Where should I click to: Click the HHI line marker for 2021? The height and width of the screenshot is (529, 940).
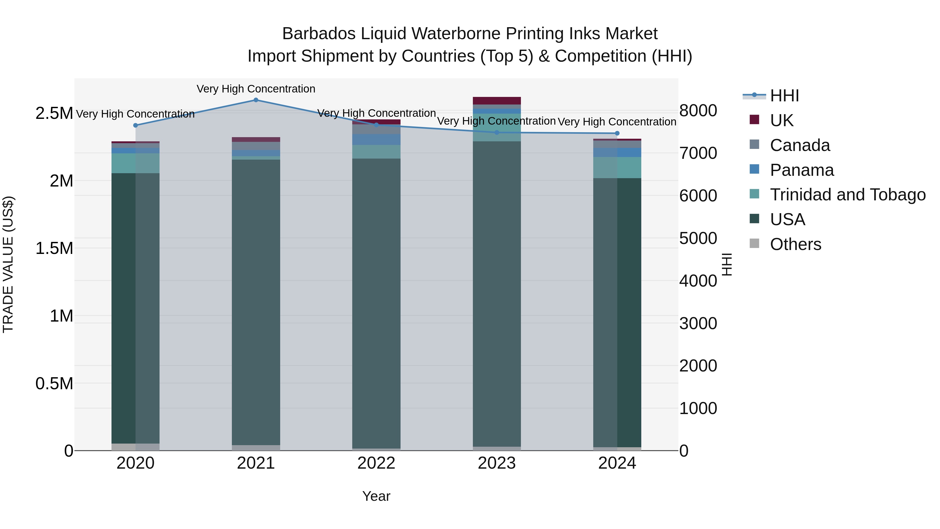pyautogui.click(x=256, y=100)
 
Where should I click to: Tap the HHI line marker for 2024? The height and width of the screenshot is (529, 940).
pyautogui.click(x=617, y=133)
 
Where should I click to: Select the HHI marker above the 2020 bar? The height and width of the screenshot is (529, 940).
pyautogui.click(x=135, y=125)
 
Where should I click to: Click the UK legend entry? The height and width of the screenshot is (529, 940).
pyautogui.click(x=781, y=120)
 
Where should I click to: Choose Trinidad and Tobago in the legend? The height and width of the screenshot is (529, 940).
pyautogui.click(x=847, y=195)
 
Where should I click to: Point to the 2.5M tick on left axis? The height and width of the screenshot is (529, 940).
pyautogui.click(x=54, y=114)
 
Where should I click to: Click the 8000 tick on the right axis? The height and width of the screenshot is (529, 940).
pyautogui.click(x=698, y=111)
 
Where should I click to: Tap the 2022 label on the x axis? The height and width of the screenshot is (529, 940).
pyautogui.click(x=376, y=463)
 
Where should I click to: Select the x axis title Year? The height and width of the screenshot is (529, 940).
pyautogui.click(x=376, y=496)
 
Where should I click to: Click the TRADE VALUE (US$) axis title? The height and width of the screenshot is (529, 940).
pyautogui.click(x=8, y=264)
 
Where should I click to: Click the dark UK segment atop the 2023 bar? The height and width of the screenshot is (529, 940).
pyautogui.click(x=497, y=101)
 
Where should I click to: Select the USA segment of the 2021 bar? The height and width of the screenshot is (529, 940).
pyautogui.click(x=256, y=302)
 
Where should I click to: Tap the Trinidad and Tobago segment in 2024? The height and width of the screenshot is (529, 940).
pyautogui.click(x=617, y=167)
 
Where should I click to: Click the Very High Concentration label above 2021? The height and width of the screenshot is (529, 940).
pyautogui.click(x=256, y=89)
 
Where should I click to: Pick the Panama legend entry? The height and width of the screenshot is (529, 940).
pyautogui.click(x=801, y=170)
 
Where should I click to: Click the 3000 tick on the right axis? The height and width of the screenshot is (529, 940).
pyautogui.click(x=698, y=323)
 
